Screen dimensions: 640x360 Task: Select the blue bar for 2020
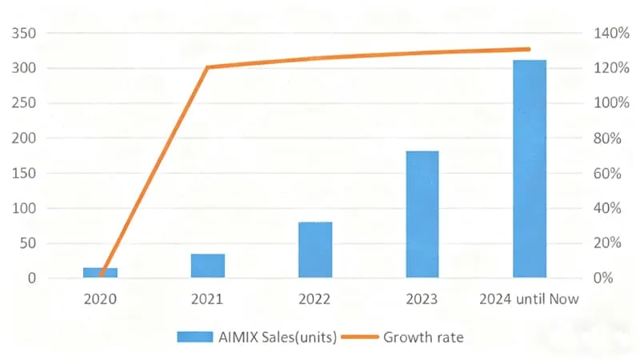coord(101,273)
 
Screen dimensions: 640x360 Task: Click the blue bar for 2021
coord(208,266)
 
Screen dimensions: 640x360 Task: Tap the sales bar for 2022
coord(315,250)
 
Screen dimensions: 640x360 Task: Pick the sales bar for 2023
coord(422,214)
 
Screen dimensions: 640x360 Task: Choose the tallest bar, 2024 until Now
coord(530,169)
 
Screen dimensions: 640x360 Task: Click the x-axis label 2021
coord(207,299)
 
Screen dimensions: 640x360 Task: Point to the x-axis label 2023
coord(422,299)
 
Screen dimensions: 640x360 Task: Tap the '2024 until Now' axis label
coord(529,299)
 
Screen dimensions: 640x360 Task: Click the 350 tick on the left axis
coord(24,33)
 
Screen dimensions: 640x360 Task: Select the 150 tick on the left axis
coord(24,173)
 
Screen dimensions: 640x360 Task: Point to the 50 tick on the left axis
coord(28,243)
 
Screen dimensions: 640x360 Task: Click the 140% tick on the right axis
coord(611,33)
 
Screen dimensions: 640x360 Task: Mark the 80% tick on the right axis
coord(607,138)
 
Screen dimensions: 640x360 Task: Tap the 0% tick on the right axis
coord(603,278)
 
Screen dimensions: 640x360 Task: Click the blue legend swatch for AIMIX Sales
coord(195,337)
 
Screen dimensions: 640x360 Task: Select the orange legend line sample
coord(359,337)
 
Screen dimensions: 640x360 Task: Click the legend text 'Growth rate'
coord(423,337)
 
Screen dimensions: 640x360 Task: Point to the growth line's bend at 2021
coord(208,67)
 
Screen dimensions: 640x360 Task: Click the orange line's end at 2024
coord(529,49)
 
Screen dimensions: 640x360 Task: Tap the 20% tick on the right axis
coord(607,243)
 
